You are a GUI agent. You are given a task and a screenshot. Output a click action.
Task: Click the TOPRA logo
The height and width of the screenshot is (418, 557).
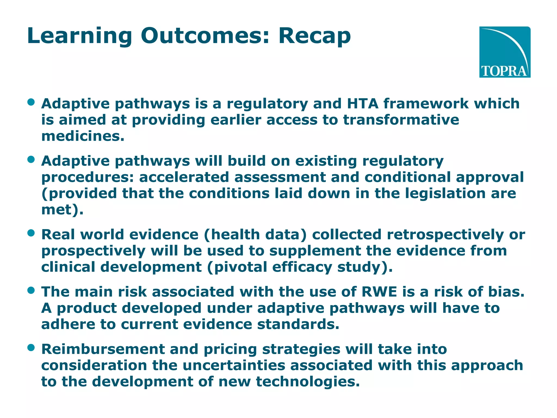(x=505, y=52)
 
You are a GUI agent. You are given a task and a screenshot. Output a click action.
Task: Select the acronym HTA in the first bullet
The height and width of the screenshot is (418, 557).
(x=363, y=104)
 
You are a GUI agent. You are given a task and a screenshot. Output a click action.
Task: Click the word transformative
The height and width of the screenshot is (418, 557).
(x=401, y=120)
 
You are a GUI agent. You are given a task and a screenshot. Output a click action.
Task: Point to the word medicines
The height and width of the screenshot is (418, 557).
(x=82, y=136)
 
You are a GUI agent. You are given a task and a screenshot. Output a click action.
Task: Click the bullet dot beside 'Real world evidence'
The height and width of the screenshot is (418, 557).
(x=31, y=233)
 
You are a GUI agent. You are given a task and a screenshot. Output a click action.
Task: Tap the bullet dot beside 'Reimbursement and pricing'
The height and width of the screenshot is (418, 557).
(x=31, y=348)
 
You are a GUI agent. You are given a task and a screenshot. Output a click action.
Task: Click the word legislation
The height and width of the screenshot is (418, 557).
(x=445, y=193)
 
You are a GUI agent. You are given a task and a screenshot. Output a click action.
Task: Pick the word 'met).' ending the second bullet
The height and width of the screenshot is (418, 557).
(x=62, y=210)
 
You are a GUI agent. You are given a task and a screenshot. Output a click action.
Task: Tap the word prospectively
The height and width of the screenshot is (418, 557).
(x=93, y=251)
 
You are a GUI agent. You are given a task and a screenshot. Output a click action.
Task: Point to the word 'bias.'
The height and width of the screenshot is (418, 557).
(x=506, y=292)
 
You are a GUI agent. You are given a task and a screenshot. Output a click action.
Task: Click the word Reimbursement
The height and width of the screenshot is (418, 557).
(x=103, y=349)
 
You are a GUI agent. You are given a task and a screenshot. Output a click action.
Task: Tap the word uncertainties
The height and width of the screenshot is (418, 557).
(x=234, y=365)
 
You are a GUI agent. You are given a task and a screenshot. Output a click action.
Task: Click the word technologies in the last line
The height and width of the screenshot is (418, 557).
(x=308, y=382)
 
